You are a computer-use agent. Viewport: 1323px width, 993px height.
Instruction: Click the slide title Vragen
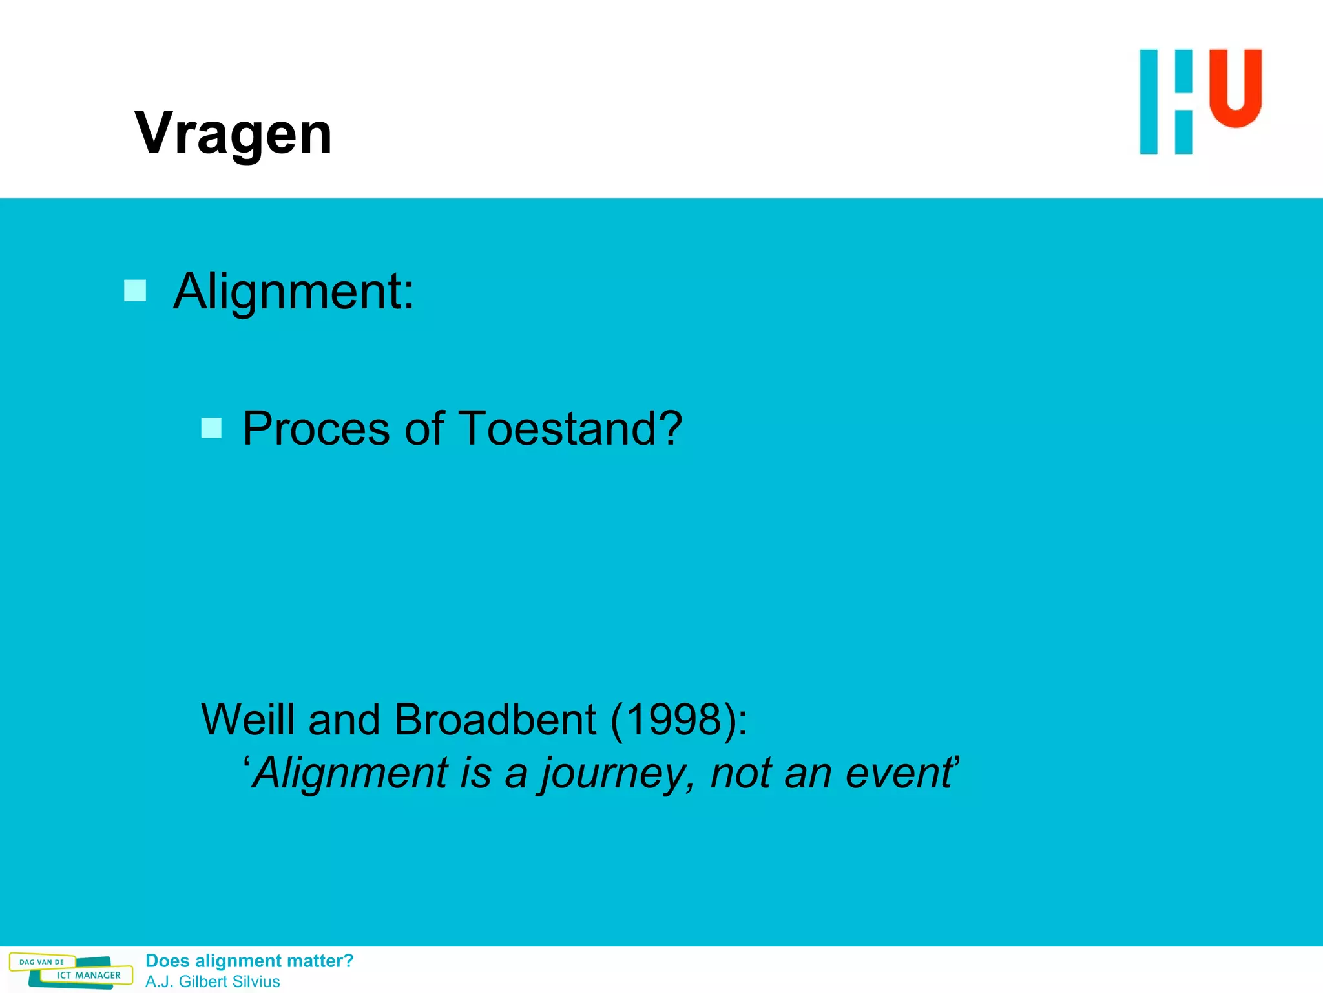pos(233,133)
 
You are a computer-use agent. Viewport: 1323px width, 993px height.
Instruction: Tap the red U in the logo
pos(1235,87)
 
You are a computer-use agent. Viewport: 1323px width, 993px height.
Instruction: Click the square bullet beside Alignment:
pos(135,290)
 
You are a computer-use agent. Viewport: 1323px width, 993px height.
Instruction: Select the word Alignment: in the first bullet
pos(294,292)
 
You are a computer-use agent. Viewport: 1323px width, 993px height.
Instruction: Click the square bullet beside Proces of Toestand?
pos(211,428)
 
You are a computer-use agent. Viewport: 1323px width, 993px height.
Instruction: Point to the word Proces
pos(316,429)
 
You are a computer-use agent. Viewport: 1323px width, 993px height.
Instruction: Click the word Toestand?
pos(570,429)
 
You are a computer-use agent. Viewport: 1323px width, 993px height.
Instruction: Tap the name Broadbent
pos(495,719)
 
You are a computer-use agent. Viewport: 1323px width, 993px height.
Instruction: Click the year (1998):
pos(678,719)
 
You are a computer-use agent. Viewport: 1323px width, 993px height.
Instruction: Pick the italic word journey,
pos(618,773)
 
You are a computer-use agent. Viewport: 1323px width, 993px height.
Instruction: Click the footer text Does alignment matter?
pos(249,961)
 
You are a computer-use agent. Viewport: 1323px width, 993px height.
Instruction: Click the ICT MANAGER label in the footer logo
pos(89,975)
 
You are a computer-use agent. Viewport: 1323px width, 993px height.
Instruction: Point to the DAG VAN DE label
pos(42,962)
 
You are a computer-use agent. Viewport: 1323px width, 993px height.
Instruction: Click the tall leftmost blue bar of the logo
pos(1149,101)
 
